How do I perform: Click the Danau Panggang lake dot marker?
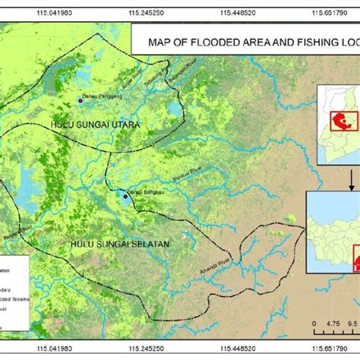81,99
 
